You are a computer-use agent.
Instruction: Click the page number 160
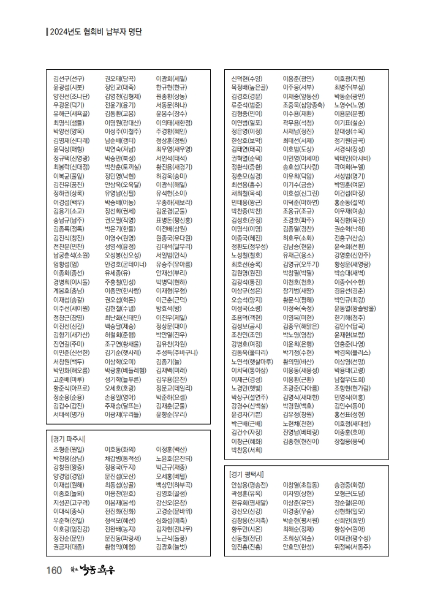54,570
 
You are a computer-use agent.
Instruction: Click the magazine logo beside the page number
93,570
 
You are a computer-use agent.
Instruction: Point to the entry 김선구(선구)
69,78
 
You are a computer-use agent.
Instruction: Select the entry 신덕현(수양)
247,78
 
